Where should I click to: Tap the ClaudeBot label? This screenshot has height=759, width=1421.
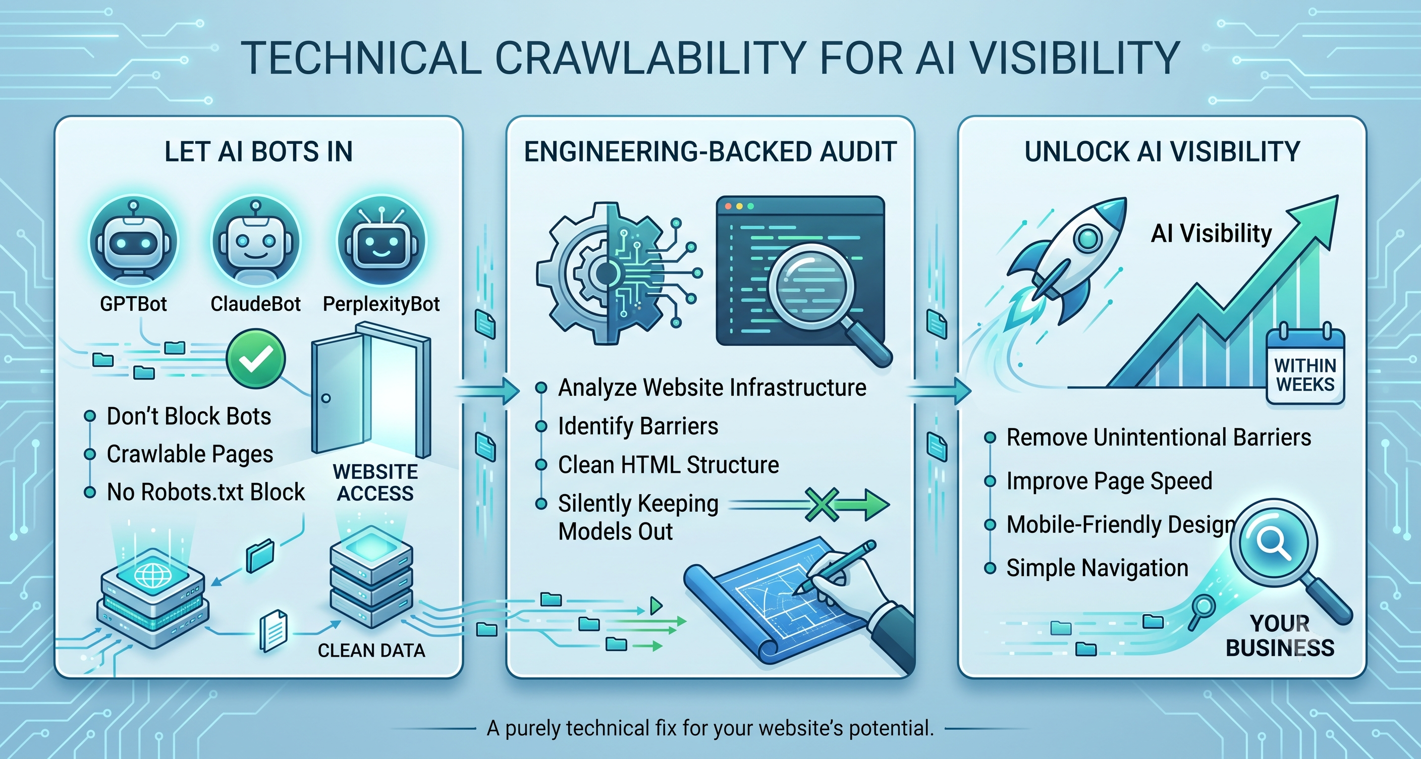[x=255, y=304]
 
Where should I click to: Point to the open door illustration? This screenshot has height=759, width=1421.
[x=371, y=392]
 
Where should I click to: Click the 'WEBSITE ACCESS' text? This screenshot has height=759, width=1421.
[x=375, y=482]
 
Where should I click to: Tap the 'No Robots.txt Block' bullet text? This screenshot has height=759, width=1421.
[x=206, y=492]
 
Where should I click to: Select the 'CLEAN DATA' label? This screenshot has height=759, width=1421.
[x=371, y=651]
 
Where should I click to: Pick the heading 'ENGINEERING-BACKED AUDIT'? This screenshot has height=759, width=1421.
[x=710, y=152]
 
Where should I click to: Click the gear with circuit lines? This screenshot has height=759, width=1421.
[x=607, y=273]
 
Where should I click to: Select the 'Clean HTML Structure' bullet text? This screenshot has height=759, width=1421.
[x=669, y=465]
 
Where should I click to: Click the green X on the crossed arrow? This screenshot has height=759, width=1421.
[x=822, y=505]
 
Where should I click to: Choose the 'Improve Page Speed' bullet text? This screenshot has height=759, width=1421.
[x=1109, y=481]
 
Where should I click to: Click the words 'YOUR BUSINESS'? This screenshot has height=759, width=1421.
[x=1280, y=635]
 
